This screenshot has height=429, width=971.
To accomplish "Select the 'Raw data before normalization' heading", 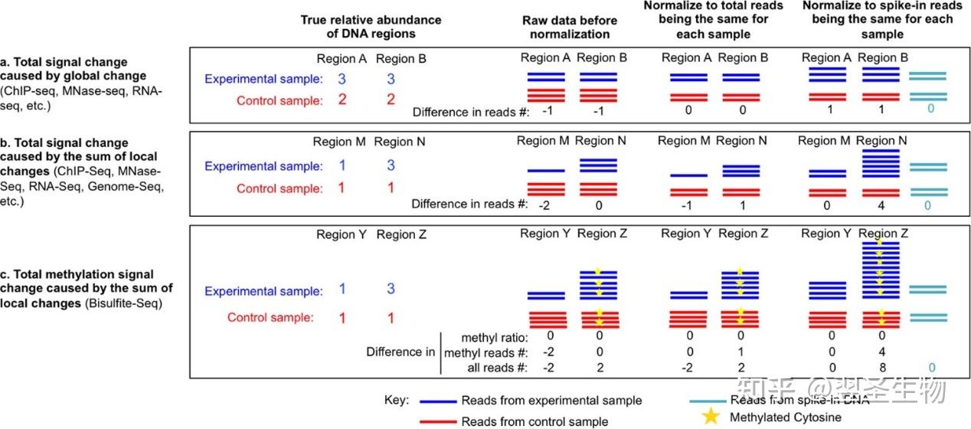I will (x=566, y=27).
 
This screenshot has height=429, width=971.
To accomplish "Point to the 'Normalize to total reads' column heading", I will (x=713, y=20).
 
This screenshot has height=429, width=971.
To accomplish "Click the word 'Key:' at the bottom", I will (x=397, y=400).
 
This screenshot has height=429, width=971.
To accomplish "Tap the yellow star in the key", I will (x=711, y=417).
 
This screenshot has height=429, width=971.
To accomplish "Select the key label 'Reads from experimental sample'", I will (x=551, y=401).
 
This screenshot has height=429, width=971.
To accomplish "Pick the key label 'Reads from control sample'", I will (x=535, y=421).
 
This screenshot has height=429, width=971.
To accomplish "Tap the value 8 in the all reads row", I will (x=883, y=367).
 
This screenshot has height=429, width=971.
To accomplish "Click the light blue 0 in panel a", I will (x=930, y=110).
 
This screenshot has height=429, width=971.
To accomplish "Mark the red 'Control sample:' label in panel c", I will (x=270, y=318).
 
